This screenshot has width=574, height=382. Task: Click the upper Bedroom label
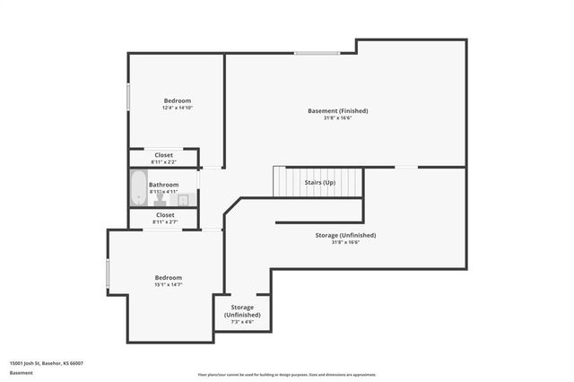click(177, 100)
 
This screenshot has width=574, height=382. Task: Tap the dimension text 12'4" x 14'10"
click(177, 108)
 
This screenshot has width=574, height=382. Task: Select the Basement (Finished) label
click(337, 110)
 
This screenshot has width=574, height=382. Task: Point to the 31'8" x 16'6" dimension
click(337, 117)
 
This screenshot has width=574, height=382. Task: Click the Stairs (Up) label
click(319, 183)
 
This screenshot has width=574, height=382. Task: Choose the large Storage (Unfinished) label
click(345, 235)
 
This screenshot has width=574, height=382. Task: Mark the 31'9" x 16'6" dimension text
click(345, 242)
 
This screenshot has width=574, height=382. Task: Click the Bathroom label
click(164, 185)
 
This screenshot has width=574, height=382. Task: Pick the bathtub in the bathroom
click(137, 188)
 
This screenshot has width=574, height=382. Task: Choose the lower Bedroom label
click(168, 277)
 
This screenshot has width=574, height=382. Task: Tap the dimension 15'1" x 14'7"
click(168, 284)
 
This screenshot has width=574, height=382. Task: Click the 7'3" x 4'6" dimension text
click(242, 322)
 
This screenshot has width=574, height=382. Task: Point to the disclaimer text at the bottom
click(287, 375)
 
